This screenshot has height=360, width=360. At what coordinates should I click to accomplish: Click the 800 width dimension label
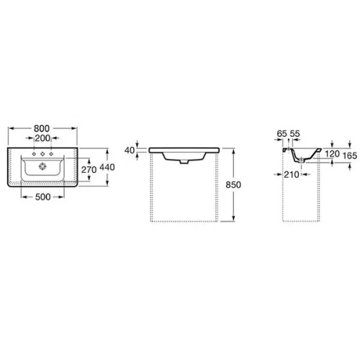coord(42,128)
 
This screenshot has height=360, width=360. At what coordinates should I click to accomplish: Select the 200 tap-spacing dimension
coord(42,138)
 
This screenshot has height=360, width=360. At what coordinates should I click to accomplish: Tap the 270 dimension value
coord(89,170)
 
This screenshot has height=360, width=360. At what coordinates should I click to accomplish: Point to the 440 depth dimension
coord(107,167)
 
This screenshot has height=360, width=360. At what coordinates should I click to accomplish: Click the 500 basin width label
coord(42,197)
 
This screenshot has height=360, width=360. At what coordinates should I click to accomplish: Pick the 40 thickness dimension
coord(130,150)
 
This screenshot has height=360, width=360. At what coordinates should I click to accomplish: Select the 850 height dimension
coord(233,185)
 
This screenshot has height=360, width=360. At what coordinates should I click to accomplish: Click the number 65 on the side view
coord(282,134)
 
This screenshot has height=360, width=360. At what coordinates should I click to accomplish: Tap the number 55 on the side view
coord(295,134)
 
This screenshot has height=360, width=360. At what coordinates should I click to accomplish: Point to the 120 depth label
coord(332,154)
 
